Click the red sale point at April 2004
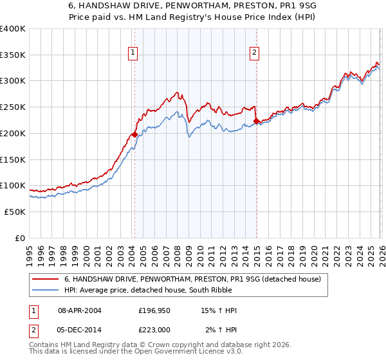(x=134, y=134)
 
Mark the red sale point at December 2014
(x=256, y=121)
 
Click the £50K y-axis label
(x=15, y=212)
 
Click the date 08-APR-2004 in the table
(x=80, y=311)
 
